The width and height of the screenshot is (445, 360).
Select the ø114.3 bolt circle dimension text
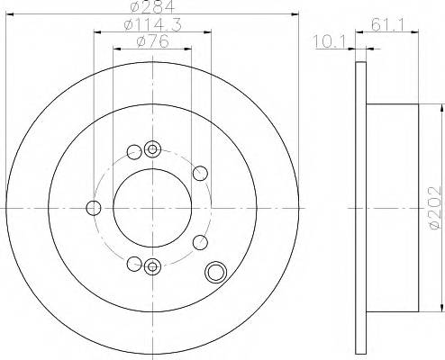(x=150, y=27)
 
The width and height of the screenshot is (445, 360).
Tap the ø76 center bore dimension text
(x=151, y=42)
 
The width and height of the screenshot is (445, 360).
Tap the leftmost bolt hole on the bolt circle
(x=93, y=209)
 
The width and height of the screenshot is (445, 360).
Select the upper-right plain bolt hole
(x=200, y=173)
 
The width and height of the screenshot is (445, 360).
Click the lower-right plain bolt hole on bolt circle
(x=200, y=241)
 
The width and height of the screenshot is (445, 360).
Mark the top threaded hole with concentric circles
(x=151, y=148)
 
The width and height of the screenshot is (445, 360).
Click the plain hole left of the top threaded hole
(x=134, y=150)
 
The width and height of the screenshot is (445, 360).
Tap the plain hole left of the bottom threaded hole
(x=134, y=263)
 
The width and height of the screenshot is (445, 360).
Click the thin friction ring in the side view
(x=360, y=206)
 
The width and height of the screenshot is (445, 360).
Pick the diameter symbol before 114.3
(x=128, y=27)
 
